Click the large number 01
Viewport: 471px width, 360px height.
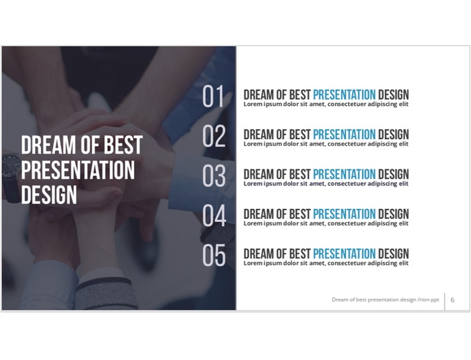213,96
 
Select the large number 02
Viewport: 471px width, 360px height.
214,136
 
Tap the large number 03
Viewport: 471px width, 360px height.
214,176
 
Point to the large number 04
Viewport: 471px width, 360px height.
214,215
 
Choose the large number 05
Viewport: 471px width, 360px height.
214,255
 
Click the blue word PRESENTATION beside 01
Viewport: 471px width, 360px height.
344,95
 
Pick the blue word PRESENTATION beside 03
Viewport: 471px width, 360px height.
344,174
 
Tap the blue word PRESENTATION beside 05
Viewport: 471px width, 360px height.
344,254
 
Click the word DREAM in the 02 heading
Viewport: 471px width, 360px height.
259,134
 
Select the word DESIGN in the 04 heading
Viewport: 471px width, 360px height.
394,214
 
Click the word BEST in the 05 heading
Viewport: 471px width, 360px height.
300,254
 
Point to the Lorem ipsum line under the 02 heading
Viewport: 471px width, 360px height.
326,144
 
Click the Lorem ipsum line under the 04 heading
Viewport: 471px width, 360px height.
326,224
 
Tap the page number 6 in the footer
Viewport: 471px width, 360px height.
452,300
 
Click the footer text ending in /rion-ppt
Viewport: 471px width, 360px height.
385,299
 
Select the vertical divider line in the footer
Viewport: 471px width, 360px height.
445,301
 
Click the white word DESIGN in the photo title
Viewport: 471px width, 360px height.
49,195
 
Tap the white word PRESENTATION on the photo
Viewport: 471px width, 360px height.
78,170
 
